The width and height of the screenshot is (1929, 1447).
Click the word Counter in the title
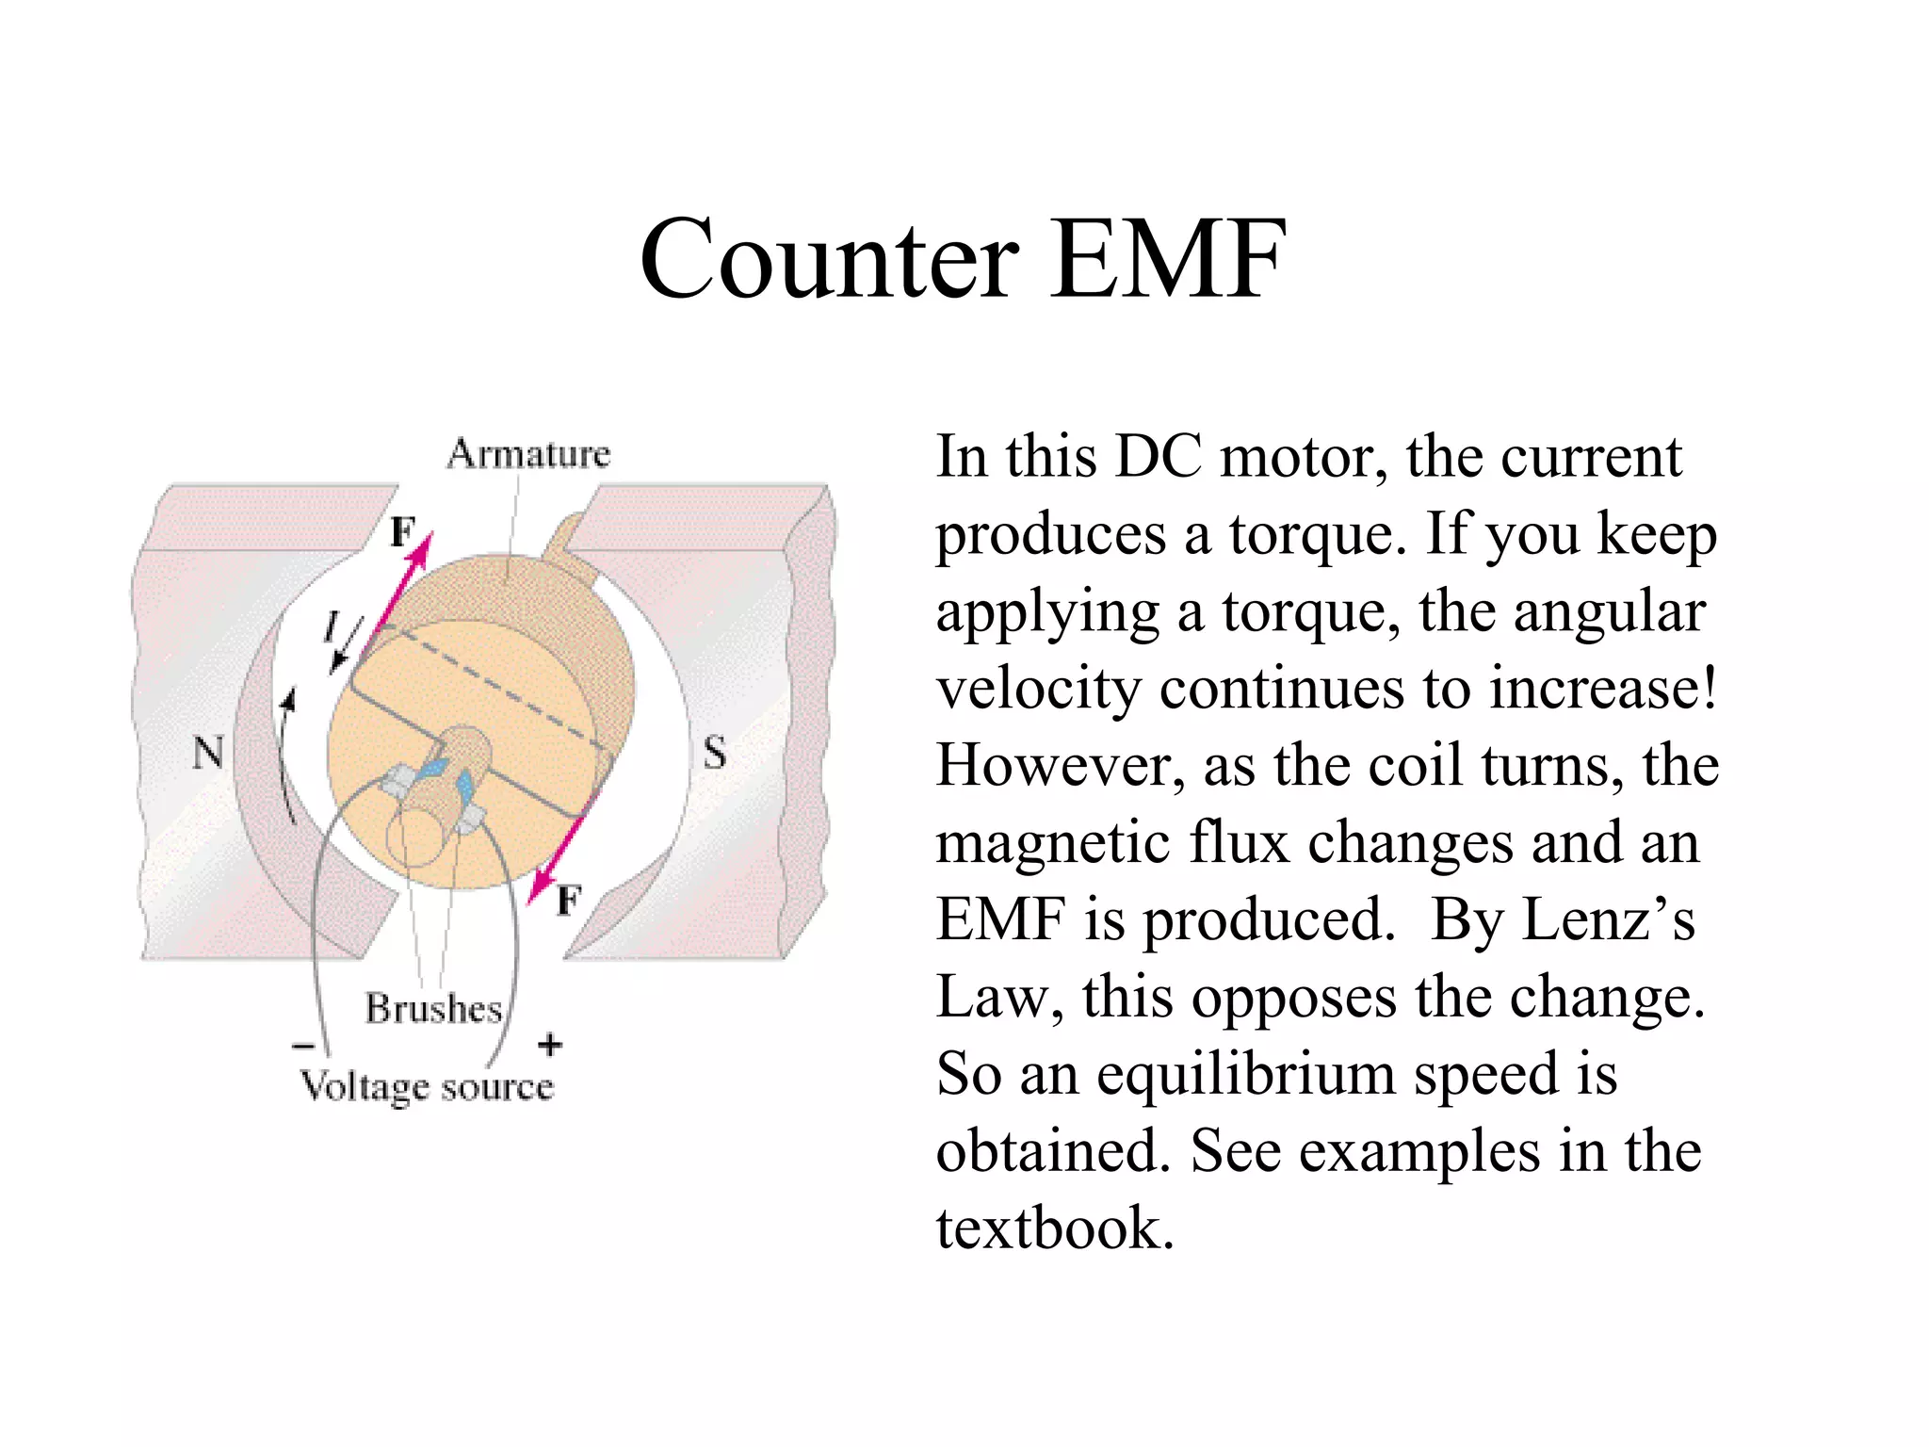829,259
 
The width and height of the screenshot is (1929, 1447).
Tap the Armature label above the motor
528,454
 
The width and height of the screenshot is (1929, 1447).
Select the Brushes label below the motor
434,1008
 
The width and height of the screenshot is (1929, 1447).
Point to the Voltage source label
427,1086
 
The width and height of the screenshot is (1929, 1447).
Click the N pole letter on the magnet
208,753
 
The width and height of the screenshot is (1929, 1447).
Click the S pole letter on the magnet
715,753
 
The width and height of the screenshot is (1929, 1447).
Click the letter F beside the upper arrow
402,533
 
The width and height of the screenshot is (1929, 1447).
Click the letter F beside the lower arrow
569,901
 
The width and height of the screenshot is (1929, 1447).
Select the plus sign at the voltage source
550,1044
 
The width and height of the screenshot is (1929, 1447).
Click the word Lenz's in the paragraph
1609,919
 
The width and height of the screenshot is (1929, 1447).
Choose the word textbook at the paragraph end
1055,1228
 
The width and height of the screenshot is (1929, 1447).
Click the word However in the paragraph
1060,765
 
